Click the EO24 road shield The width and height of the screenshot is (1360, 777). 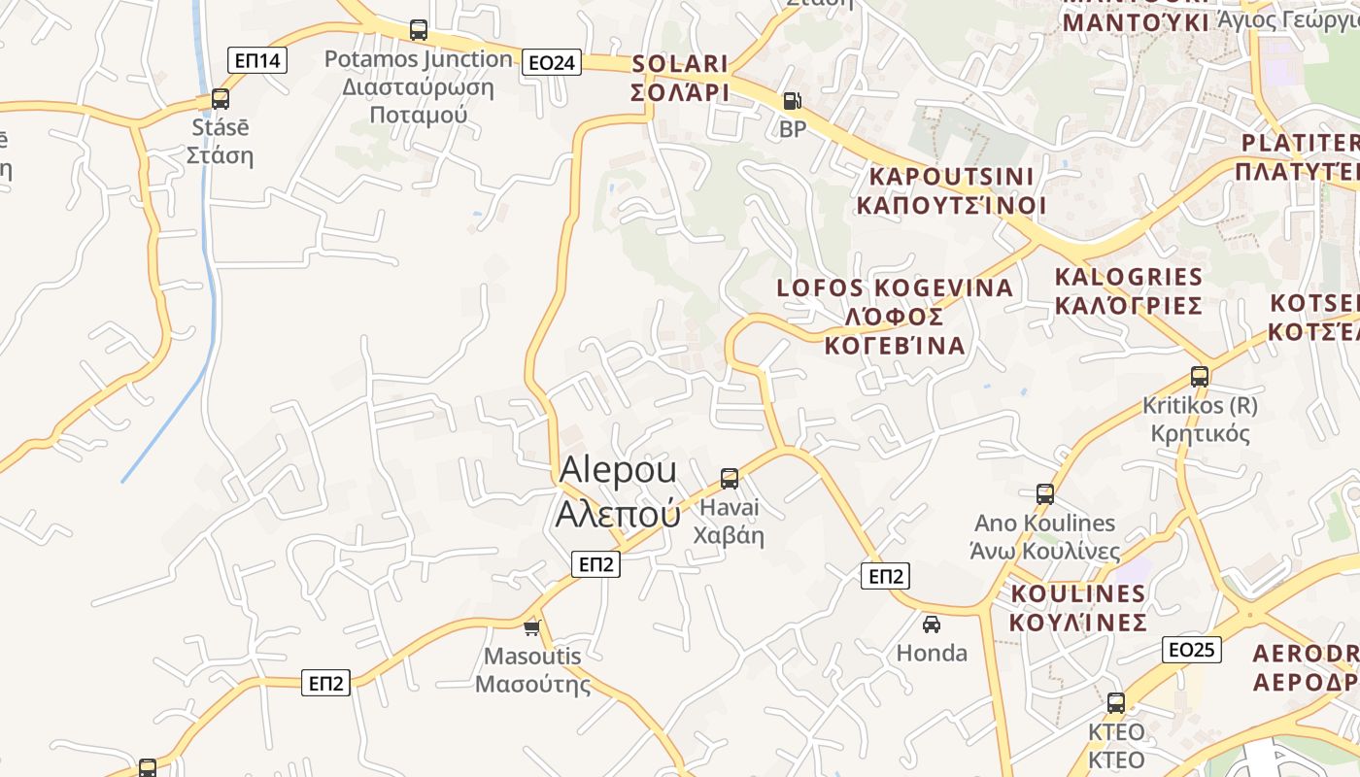tap(551, 63)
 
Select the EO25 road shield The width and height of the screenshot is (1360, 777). tap(1191, 650)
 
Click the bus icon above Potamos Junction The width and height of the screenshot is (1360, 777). tap(419, 30)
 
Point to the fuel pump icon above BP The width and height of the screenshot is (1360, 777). tap(793, 100)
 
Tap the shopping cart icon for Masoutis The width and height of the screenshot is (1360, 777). tap(531, 627)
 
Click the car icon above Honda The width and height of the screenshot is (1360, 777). tap(932, 625)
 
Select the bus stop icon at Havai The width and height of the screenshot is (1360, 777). tap(730, 478)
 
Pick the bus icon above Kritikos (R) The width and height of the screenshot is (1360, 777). tap(1200, 377)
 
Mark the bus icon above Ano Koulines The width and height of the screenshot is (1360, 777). tap(1045, 494)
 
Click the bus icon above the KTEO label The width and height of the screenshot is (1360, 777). tap(1116, 703)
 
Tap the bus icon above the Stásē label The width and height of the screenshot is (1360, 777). tap(221, 99)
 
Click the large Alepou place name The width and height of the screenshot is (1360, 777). tap(618, 491)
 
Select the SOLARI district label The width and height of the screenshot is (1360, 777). tap(680, 78)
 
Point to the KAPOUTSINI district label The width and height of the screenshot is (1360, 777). tap(951, 191)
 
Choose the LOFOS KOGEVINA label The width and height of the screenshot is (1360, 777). tap(895, 317)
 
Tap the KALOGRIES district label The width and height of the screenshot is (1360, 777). tap(1129, 291)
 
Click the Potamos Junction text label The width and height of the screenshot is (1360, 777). tap(418, 86)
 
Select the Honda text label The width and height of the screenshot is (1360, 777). tap(932, 653)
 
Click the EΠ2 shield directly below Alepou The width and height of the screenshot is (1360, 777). tap(595, 564)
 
